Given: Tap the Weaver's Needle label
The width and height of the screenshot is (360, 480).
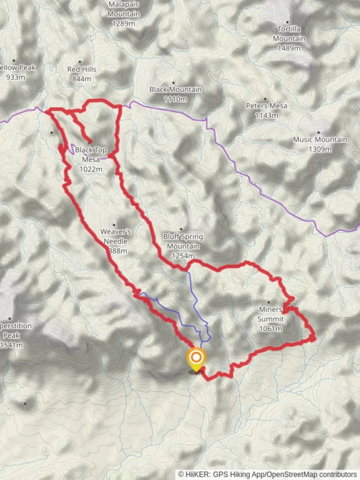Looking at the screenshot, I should (115, 236).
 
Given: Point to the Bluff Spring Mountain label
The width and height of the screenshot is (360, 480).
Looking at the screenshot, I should (183, 241).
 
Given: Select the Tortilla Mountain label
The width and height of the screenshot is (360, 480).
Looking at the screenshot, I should (289, 34).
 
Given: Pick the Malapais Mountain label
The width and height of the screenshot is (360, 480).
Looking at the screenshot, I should (124, 9).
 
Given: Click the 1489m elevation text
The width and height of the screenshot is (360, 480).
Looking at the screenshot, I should (289, 48).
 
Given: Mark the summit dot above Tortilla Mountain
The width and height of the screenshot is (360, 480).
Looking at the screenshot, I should (288, 22).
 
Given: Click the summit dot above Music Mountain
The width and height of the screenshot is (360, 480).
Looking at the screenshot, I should (318, 132).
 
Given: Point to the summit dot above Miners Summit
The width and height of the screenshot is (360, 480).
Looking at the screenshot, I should (268, 302).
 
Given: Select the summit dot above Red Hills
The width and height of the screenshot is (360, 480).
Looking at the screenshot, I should (80, 62).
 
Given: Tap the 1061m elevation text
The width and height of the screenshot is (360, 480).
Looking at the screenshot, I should (271, 329).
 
